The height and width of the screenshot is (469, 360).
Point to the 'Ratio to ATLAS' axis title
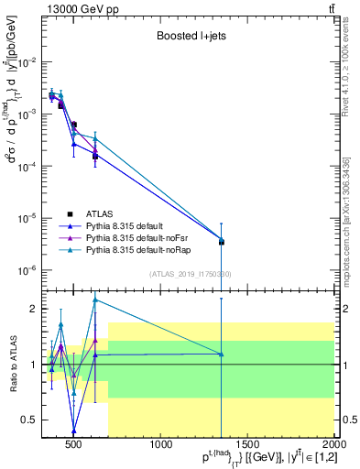16,365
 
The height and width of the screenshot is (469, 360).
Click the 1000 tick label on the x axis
162,446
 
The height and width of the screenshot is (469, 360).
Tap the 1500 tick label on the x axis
248,446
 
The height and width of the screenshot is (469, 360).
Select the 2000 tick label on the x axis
333,446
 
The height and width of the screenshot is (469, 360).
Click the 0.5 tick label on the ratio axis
38,420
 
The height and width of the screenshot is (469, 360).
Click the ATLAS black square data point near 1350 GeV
222,242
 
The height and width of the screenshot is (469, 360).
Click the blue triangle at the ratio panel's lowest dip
74,431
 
